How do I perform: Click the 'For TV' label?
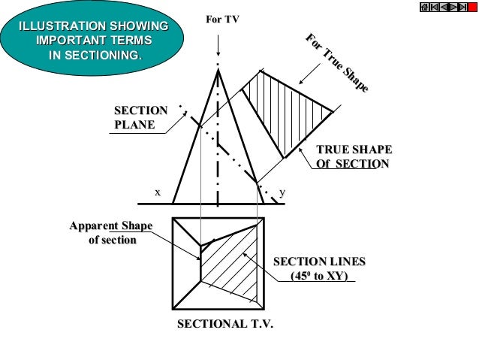[x=221, y=20]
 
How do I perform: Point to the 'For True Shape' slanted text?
[x=336, y=63]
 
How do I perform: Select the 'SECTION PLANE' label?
[x=140, y=117]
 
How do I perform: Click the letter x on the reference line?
[x=158, y=192]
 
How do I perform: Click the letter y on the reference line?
[x=282, y=192]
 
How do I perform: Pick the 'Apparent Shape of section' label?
[x=110, y=233]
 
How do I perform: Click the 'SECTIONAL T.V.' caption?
[x=224, y=324]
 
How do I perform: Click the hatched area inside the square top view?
[x=233, y=267]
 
